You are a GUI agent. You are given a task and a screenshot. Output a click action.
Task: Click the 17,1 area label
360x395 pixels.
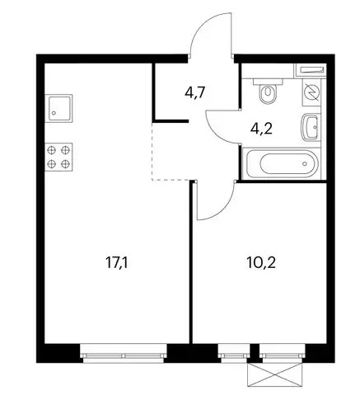(x=117, y=263)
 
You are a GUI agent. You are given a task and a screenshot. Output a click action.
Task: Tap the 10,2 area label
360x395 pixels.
(x=261, y=263)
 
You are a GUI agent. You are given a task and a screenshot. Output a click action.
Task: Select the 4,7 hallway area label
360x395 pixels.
(x=195, y=92)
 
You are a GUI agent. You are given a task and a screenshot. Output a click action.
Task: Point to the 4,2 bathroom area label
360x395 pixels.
(x=261, y=128)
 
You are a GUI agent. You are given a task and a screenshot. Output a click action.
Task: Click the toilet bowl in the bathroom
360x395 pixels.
(x=268, y=93)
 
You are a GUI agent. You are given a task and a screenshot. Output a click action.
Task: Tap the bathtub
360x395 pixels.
(x=282, y=163)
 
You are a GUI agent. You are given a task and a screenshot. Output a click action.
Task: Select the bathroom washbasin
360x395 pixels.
(x=311, y=128)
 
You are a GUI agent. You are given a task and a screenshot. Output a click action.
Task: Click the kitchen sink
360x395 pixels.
(x=58, y=108)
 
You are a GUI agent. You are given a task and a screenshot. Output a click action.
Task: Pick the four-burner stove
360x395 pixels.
(x=58, y=157)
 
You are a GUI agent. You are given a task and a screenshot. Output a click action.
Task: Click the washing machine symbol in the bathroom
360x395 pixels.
(x=311, y=92)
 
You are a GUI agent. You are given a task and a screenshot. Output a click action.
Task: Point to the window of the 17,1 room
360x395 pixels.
(x=124, y=352)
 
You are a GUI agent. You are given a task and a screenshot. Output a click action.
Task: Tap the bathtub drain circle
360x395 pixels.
(x=305, y=163)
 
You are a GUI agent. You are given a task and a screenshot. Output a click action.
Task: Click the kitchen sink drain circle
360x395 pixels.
(x=54, y=113)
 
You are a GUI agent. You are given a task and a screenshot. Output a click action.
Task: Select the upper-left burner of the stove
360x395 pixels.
(x=52, y=150)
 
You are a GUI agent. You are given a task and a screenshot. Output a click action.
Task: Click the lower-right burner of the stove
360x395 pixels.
(x=66, y=164)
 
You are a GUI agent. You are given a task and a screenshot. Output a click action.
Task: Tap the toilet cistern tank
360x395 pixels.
(x=268, y=82)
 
